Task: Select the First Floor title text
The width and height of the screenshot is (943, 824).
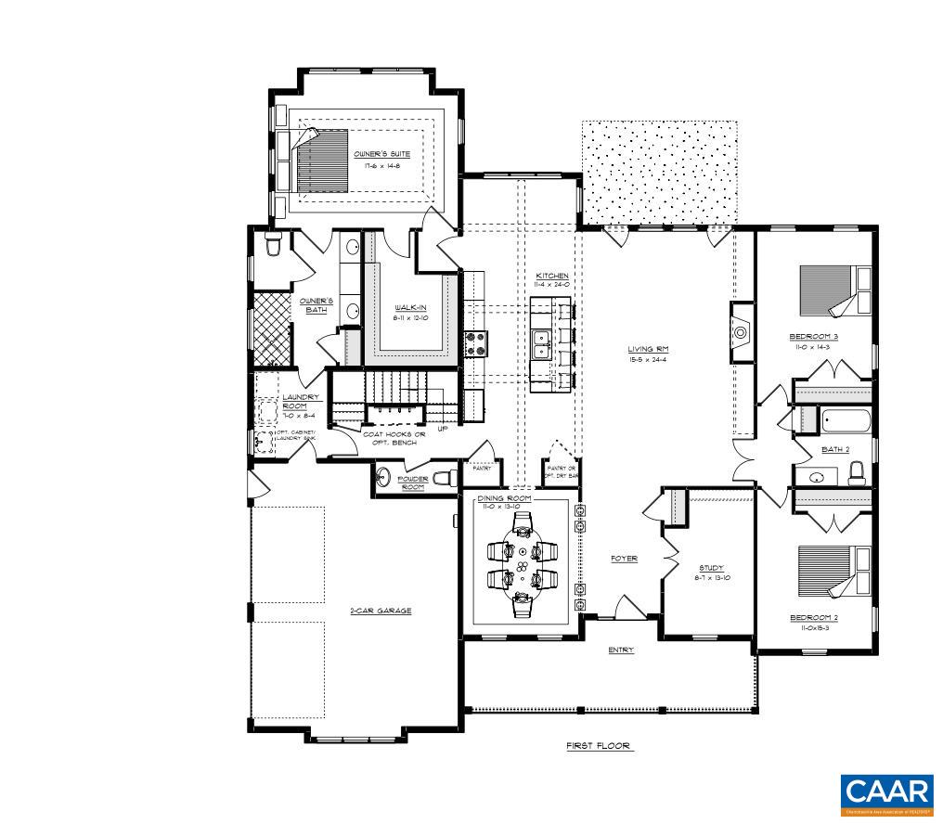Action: point(600,745)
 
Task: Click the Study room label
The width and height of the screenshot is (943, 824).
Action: point(712,568)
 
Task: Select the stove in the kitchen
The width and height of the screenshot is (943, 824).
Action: point(474,343)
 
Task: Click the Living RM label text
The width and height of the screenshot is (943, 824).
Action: point(648,350)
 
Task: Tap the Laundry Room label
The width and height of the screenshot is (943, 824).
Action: point(275,402)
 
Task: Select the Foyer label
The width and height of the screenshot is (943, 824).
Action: point(623,558)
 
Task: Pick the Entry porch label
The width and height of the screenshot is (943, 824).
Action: point(621,650)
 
